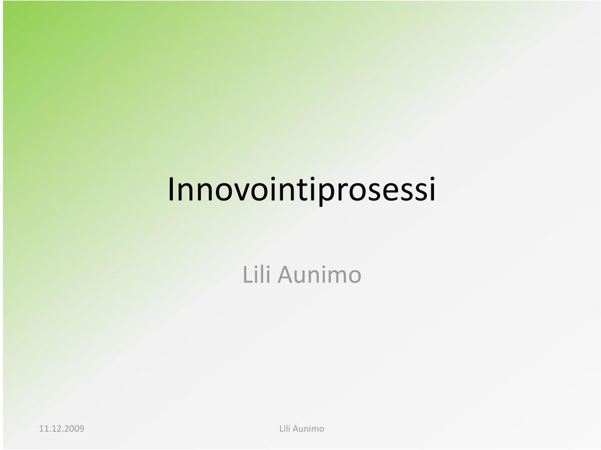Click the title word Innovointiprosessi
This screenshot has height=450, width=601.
click(302, 189)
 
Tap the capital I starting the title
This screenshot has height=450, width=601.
click(172, 189)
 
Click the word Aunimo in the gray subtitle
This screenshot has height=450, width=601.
click(319, 275)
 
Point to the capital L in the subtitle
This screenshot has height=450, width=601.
click(247, 275)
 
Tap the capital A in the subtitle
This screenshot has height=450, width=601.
click(285, 275)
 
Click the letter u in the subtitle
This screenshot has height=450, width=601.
click(302, 277)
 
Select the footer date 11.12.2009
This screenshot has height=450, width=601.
click(61, 429)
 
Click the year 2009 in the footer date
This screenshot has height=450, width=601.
click(74, 429)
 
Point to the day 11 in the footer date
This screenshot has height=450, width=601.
click(43, 429)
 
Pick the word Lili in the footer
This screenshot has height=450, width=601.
click(284, 429)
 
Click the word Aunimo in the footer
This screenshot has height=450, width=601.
click(308, 429)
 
